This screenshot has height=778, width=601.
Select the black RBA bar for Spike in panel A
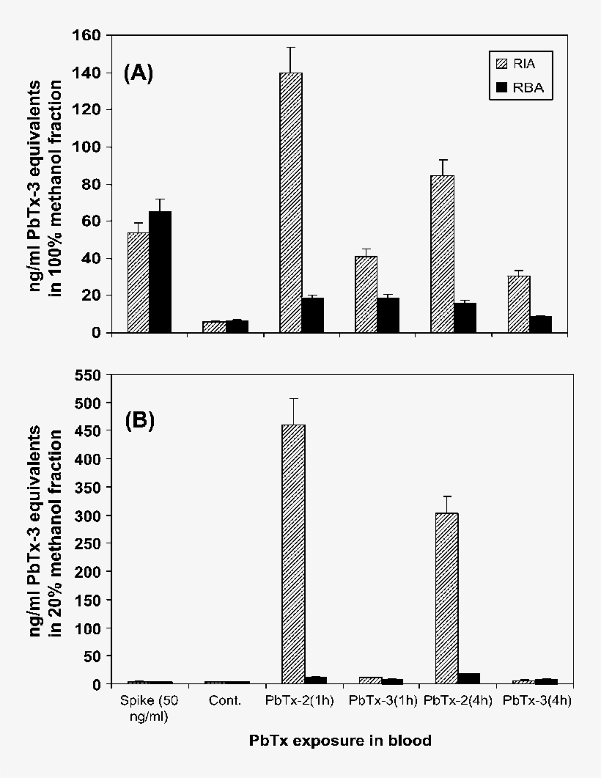[160, 272]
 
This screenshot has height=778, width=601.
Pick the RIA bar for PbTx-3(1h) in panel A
[366, 294]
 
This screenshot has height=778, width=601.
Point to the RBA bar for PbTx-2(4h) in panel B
[468, 678]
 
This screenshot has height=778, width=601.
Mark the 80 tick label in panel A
[94, 184]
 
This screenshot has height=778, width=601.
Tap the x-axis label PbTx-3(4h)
[537, 701]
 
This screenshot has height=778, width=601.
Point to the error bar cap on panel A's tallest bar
[291, 48]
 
